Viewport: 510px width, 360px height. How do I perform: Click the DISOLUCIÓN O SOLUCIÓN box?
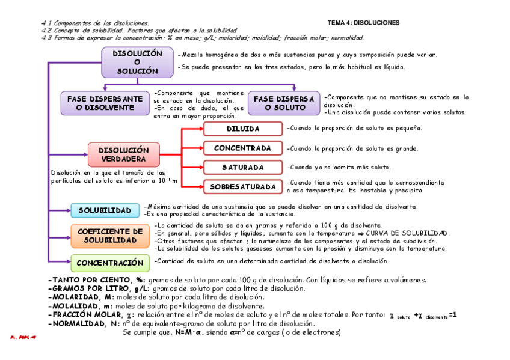(x=138, y=63)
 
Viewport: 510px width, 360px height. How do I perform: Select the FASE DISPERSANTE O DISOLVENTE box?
(x=105, y=103)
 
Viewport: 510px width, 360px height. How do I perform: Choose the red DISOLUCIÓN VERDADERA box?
(x=123, y=154)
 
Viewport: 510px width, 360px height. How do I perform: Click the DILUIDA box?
(x=242, y=129)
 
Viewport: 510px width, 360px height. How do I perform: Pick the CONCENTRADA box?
(x=242, y=148)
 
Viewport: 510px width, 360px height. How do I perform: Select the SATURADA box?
(x=242, y=167)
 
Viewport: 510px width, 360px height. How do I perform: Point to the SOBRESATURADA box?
(x=242, y=187)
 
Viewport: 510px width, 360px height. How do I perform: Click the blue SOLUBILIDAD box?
(x=105, y=210)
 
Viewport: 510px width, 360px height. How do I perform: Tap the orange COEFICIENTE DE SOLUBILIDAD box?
(x=110, y=236)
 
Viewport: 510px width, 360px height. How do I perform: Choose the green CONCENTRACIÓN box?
(x=110, y=263)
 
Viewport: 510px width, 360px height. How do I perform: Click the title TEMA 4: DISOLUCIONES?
(x=363, y=23)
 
